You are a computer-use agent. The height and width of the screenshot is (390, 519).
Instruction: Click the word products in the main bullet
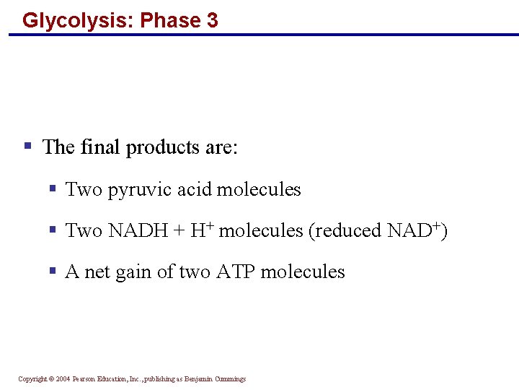click(163, 148)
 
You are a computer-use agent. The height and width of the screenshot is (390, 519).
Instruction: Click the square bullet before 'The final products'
click(27, 147)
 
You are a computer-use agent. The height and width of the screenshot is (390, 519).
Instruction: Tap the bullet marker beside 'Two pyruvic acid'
click(53, 188)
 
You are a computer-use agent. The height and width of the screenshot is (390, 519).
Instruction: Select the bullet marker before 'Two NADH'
click(53, 230)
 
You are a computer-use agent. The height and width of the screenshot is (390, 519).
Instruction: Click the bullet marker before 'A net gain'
click(53, 271)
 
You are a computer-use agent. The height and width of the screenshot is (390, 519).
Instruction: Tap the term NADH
click(136, 231)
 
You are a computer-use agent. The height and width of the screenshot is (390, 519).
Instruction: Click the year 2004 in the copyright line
click(62, 379)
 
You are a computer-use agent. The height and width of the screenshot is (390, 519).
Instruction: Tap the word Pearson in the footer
click(84, 379)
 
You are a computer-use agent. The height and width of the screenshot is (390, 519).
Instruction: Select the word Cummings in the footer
click(229, 379)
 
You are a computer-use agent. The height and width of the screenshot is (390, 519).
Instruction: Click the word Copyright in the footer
click(32, 379)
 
